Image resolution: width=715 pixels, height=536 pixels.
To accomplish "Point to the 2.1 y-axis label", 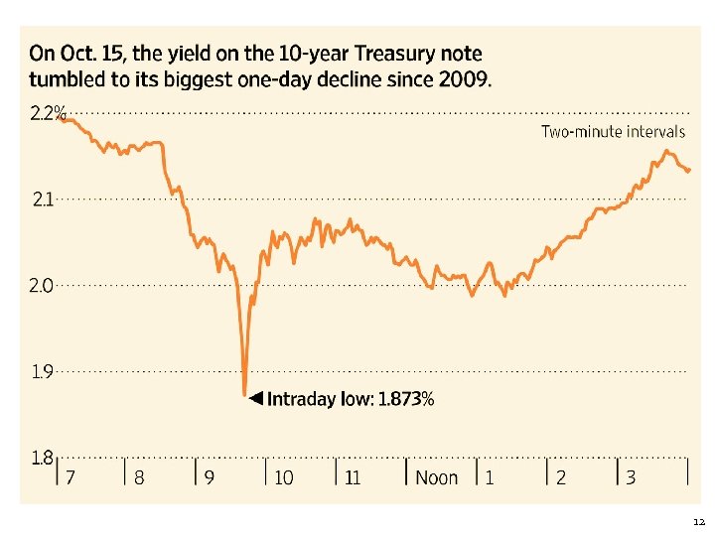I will [43, 200].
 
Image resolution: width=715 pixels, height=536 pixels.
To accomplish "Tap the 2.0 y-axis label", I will [43, 286].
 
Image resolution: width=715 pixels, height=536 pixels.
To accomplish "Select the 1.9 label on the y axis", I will [43, 372].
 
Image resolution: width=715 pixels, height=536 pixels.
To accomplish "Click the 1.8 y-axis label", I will [43, 458].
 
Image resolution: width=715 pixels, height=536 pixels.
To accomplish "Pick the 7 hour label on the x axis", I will [71, 478].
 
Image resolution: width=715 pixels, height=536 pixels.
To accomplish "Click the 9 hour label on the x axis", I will [210, 478].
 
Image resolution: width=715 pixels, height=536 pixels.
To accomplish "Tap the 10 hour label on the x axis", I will [284, 478].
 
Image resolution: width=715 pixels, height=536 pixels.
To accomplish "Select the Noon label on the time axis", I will [436, 478].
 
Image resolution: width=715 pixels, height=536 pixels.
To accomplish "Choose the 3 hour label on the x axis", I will [631, 478].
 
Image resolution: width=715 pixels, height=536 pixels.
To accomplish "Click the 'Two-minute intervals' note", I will [613, 131].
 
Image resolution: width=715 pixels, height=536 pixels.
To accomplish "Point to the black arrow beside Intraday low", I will [255, 399].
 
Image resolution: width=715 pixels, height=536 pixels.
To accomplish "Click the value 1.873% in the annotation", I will [406, 399].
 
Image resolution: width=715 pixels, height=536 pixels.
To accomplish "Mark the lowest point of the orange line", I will [244, 394].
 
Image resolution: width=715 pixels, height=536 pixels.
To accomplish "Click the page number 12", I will [698, 521].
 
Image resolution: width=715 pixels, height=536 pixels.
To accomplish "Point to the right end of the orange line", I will [689, 171].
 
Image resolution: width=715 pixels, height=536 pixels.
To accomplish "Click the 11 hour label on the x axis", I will [353, 478].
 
